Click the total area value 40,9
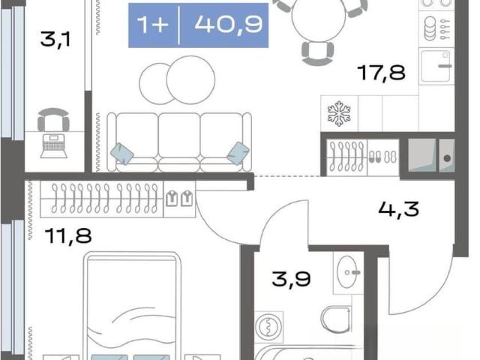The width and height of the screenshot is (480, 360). coord(229,25)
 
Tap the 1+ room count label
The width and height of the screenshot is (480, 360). coord(152,24)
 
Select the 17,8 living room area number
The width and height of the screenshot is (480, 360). coord(382,73)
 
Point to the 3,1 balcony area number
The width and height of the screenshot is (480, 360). coord(55,40)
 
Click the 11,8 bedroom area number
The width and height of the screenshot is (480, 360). coord(68,236)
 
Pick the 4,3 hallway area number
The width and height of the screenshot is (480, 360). coord(398,209)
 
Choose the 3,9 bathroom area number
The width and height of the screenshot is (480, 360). coord(291,279)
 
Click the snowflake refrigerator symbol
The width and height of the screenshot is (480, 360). coord(339,113)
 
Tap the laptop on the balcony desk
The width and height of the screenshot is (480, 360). coord(54,146)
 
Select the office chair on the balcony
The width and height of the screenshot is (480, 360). coord(53,119)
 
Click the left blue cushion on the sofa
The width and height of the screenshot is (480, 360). coord(121,154)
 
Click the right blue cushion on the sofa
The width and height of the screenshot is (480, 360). coord(238,153)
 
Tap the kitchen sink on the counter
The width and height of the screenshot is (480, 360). coord(436,67)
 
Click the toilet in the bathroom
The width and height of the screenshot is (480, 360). coord(336,319)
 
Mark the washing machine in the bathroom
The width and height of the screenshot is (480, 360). coord(268,327)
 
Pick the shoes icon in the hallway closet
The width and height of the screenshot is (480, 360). coord(382,157)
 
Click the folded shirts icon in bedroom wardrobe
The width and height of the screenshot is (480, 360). coord(179,198)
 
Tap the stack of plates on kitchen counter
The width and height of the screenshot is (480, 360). coord(430,28)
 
